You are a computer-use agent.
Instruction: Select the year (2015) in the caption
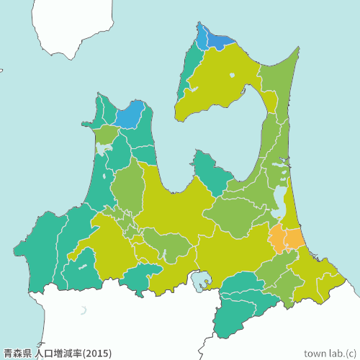pyautogui.click(x=98, y=354)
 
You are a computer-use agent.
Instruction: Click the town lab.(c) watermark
pyautogui.click(x=330, y=354)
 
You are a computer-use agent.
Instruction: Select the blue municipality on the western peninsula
pyautogui.click(x=130, y=115)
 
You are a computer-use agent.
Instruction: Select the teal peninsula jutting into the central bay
pyautogui.click(x=212, y=173)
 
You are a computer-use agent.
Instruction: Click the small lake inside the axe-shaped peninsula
pyautogui.click(x=231, y=75)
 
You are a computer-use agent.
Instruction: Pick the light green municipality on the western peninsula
pyautogui.click(x=106, y=134)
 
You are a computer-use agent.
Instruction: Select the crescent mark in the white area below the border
pyautogui.click(x=84, y=310)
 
